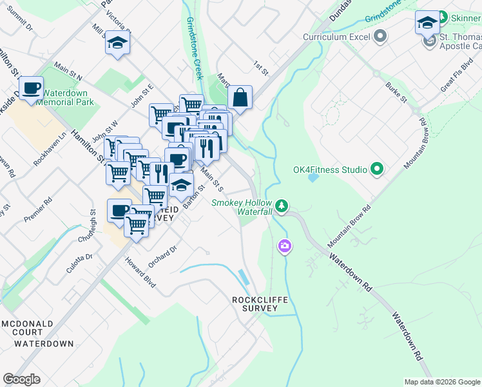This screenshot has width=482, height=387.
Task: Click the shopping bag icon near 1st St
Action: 240,98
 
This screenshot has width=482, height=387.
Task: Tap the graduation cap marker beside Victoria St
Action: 117,43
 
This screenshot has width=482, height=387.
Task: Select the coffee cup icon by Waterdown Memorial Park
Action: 31,88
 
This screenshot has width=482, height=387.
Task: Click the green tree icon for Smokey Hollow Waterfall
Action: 282,206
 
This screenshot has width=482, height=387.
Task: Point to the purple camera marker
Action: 284,246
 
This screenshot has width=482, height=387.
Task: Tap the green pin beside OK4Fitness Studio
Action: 377,170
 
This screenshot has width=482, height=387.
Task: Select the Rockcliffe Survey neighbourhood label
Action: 255,304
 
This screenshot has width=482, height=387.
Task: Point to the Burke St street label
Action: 396,93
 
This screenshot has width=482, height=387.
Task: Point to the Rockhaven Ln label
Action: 50,150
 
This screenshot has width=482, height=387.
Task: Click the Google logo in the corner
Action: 22,379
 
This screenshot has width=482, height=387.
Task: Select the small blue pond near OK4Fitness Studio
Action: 313,177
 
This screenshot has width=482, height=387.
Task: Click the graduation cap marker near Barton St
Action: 182,186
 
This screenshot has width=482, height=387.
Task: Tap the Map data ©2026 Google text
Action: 442,382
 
